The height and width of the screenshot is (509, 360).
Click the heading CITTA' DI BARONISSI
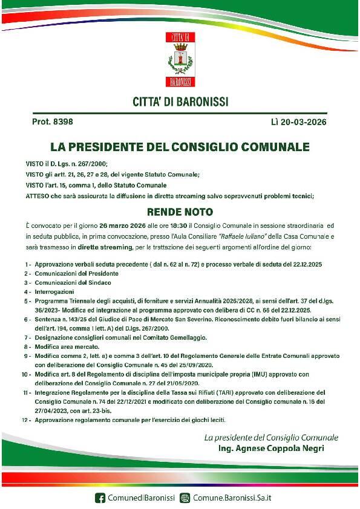tap(180, 102)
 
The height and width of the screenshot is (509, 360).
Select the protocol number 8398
tap(62, 122)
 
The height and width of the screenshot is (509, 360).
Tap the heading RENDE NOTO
tap(180, 212)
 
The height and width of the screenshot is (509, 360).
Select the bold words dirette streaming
tap(96, 247)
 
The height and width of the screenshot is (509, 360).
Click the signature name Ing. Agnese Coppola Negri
tap(271, 449)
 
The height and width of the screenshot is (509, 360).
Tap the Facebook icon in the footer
tap(100, 498)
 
